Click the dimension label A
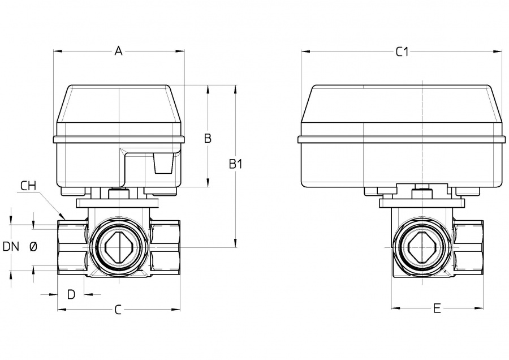tap(118, 52)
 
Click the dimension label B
tap(208, 138)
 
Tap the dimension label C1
tap(402, 52)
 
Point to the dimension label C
tap(118, 310)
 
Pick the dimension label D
tap(71, 294)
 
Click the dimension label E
tap(437, 308)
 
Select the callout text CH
tap(28, 186)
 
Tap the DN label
tap(11, 247)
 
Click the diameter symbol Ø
tap(33, 247)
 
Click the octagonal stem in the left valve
tap(120, 248)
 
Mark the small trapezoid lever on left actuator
tap(162, 164)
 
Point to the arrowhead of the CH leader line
tap(66, 218)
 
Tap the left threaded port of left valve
tap(71, 248)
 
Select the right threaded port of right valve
tap(469, 248)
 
